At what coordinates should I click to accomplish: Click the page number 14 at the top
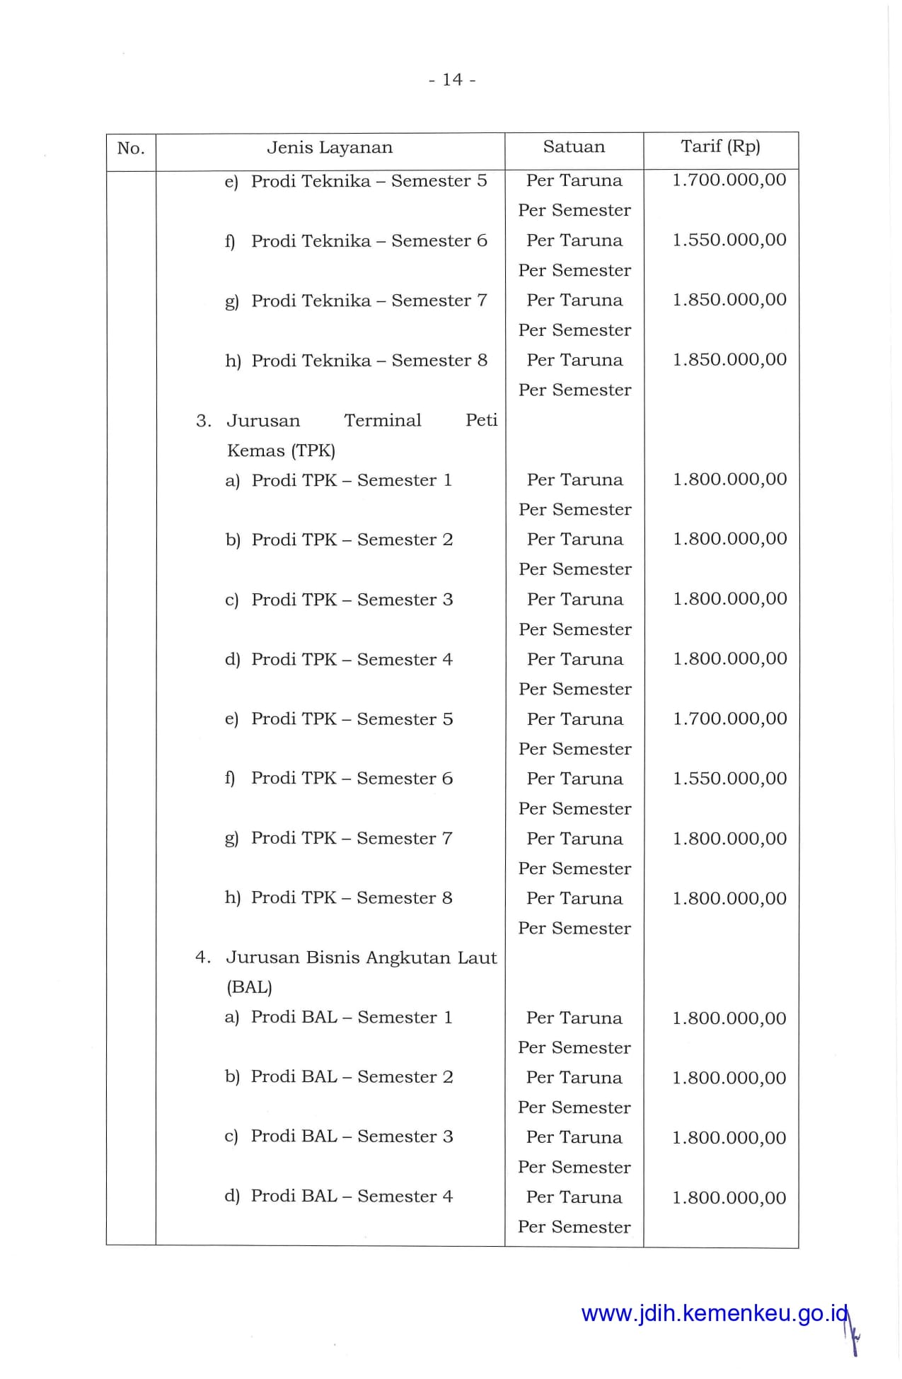coord(452,80)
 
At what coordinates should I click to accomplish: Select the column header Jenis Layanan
coord(329,148)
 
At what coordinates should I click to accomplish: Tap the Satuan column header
coord(574,147)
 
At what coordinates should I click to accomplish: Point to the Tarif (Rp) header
coord(720,146)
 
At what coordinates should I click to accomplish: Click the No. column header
coord(131,149)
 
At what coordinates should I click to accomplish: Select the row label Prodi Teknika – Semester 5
coord(369,181)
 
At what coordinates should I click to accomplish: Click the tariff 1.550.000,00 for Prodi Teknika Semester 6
coord(729,240)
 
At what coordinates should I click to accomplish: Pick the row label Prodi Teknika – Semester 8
coord(369,361)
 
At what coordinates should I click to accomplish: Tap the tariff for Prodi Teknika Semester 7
coord(729,300)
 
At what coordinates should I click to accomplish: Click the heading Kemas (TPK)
coord(281,450)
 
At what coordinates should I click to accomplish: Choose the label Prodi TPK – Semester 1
coord(351,480)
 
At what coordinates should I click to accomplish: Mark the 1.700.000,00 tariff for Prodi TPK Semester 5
coord(729,718)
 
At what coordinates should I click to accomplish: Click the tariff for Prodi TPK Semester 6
coord(729,779)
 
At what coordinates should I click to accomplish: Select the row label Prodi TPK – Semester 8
coord(351,898)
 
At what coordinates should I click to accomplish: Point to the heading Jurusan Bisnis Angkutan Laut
coord(361,958)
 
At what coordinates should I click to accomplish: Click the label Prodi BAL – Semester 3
coord(352,1136)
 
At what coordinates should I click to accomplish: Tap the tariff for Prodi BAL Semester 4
coord(729,1198)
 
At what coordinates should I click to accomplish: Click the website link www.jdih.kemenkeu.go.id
coord(714,1313)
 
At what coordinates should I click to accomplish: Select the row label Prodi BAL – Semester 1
coord(351,1018)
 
